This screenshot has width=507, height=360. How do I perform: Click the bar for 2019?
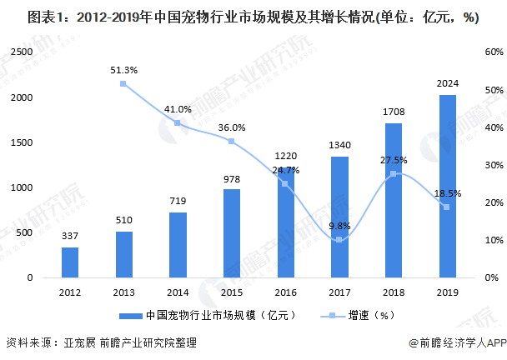pos(448,187)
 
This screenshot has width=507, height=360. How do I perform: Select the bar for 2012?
pos(70,262)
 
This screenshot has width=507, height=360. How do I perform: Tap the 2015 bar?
pos(232,233)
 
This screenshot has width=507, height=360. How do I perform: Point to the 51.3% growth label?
pos(123,70)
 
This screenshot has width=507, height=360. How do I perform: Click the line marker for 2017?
pos(339,239)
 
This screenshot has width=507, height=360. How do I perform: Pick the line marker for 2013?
pos(123,83)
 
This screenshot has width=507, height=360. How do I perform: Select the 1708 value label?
pos(394,110)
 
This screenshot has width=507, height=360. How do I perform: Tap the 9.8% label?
pos(339,225)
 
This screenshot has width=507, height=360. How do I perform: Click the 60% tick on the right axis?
pos(486,52)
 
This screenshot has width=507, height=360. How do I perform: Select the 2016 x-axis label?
pos(286,292)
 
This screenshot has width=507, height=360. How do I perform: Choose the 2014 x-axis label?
pos(178,292)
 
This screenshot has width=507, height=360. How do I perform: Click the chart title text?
pos(242,16)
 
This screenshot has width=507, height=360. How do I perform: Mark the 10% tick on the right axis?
pos(486,240)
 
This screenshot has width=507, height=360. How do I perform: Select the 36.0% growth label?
pos(232,127)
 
